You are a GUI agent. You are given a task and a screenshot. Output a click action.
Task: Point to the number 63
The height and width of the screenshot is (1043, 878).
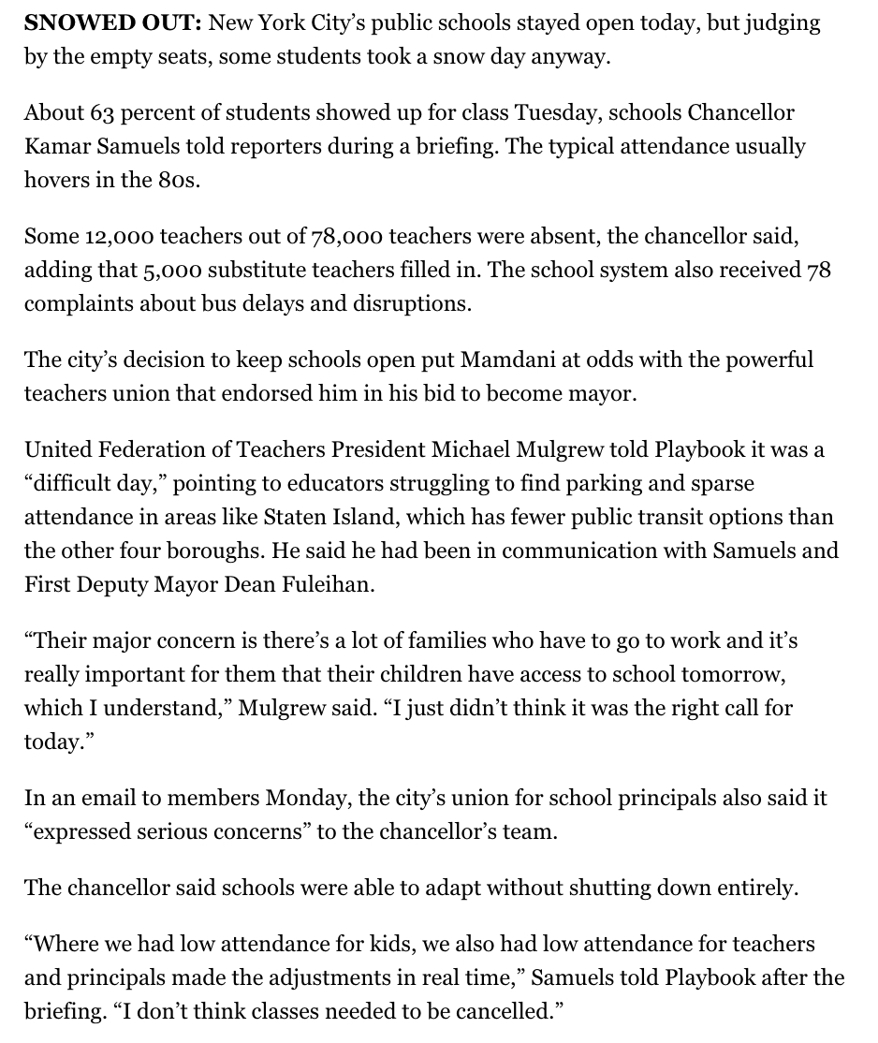[102, 113]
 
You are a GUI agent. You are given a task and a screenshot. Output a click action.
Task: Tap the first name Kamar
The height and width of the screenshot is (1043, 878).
[54, 147]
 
